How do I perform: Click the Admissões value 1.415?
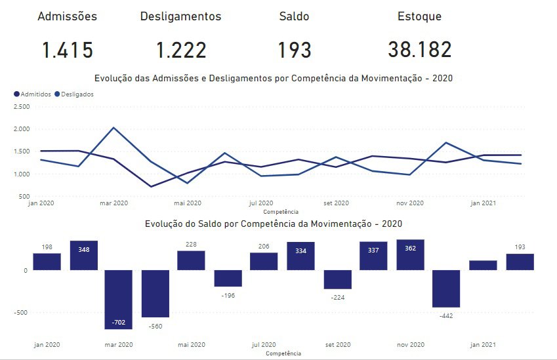[x=68, y=50]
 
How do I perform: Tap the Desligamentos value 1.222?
[x=181, y=50]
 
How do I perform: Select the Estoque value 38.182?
[x=419, y=50]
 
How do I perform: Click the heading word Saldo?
[x=293, y=17]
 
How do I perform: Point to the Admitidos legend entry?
[x=32, y=94]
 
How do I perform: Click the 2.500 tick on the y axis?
[x=21, y=106]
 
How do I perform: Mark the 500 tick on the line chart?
[x=24, y=197]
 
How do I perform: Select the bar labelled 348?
[x=84, y=255]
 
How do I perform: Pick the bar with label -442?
[x=447, y=289]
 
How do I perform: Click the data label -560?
[x=155, y=326]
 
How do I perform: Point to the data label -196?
[x=228, y=296]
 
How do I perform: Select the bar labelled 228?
[x=191, y=260]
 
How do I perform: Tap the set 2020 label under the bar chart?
[x=338, y=344]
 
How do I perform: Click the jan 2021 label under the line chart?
[x=484, y=203]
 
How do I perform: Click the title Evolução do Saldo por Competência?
[x=273, y=224]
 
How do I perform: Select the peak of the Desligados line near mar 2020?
[x=113, y=128]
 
